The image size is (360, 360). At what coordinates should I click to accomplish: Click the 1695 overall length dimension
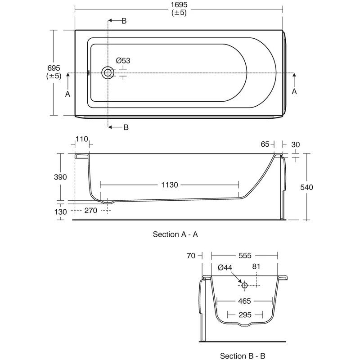pyautogui.click(x=179, y=4)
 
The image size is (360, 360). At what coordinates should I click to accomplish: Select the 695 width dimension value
pyautogui.click(x=54, y=67)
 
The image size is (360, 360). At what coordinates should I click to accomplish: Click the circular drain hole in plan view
pyautogui.click(x=108, y=72)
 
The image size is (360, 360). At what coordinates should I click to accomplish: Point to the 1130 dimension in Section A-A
pyautogui.click(x=170, y=184)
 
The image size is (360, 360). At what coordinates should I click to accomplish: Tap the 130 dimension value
pyautogui.click(x=61, y=211)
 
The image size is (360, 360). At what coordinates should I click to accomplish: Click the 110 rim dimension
pyautogui.click(x=81, y=139)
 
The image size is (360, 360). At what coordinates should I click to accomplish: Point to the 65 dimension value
pyautogui.click(x=265, y=144)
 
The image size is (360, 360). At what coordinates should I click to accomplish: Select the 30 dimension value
pyautogui.click(x=295, y=144)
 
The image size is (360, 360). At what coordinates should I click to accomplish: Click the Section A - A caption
pyautogui.click(x=175, y=234)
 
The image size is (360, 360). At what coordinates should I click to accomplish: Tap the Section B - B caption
pyautogui.click(x=246, y=356)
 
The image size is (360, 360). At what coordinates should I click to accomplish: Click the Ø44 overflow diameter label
pyautogui.click(x=225, y=267)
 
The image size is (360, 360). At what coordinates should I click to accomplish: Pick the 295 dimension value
pyautogui.click(x=244, y=315)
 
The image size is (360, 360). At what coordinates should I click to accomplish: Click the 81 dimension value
pyautogui.click(x=256, y=266)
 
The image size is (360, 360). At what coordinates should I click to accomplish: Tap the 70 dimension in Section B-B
pyautogui.click(x=191, y=256)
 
